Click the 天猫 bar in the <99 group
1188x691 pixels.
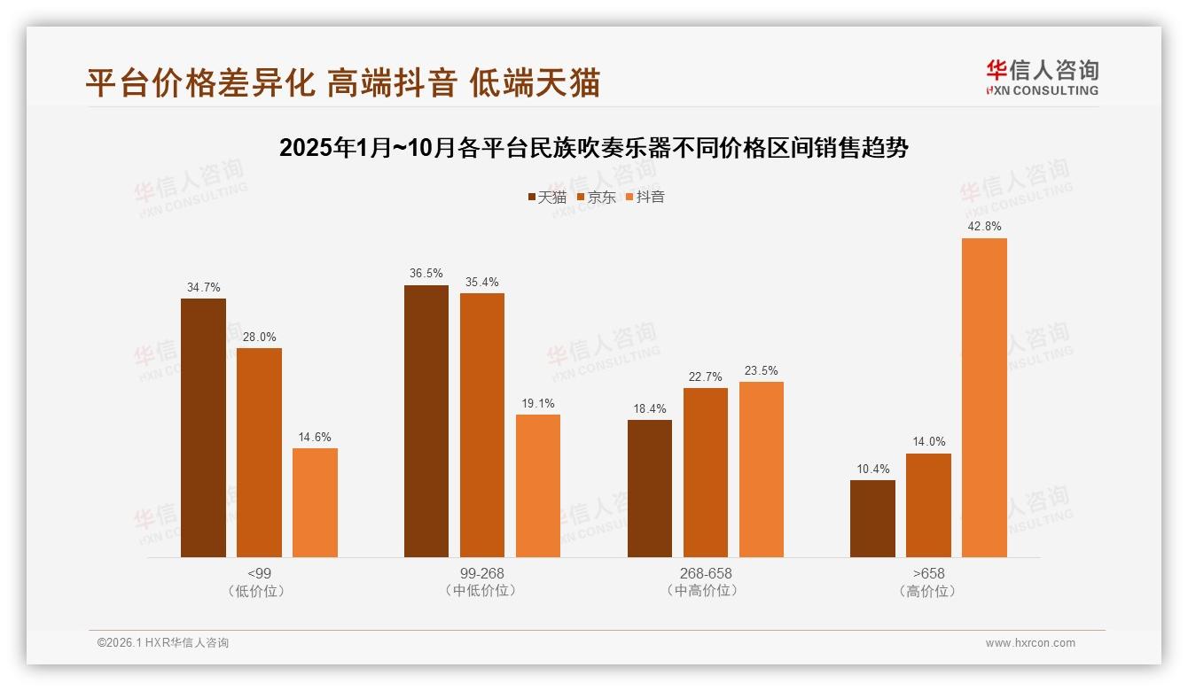pos(203,428)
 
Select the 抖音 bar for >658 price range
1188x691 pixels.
pos(984,398)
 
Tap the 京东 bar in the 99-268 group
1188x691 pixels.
pos(482,425)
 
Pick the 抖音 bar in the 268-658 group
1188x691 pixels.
pos(762,470)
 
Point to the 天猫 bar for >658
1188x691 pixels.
pos(872,519)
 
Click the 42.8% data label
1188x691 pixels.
pos(984,227)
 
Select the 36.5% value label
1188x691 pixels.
pos(426,274)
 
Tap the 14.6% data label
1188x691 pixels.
pos(315,437)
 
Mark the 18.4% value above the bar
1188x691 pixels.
pos(650,408)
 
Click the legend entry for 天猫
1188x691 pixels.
pos(547,197)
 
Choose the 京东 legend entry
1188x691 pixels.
pos(596,197)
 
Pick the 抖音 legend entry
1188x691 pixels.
pos(645,197)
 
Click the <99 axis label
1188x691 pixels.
pos(259,573)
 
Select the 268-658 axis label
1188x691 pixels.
pos(706,573)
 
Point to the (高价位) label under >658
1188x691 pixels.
pos(928,591)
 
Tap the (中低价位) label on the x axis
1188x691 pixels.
pos(482,591)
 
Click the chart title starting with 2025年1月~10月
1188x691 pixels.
pos(593,148)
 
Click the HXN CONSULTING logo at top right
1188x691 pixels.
pos(1042,78)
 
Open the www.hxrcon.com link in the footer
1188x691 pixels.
pos(1030,643)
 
